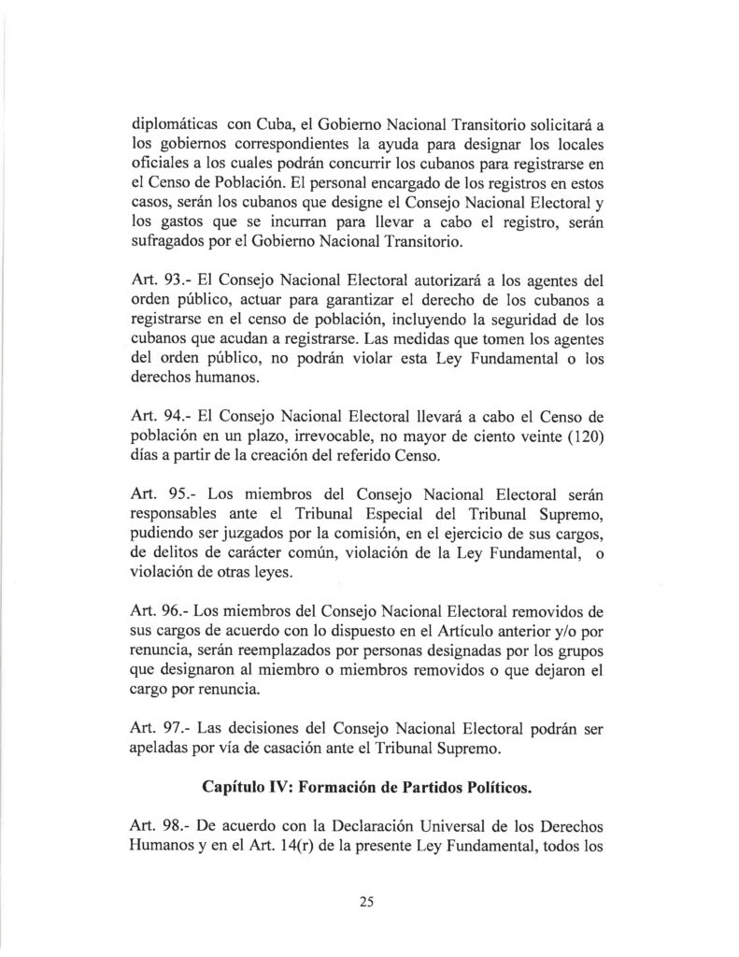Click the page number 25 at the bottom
[x=365, y=901]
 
